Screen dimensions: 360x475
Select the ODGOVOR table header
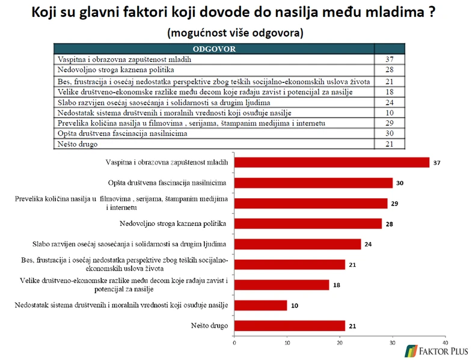tap(213, 49)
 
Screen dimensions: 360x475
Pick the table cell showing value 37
tap(389, 59)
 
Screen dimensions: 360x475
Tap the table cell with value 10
tap(389, 113)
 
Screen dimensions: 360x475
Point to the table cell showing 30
tap(389, 134)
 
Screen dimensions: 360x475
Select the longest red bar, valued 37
tap(331, 162)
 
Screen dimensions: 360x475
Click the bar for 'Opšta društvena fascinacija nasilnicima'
tap(313, 183)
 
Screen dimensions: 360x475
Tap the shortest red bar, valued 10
tap(260, 305)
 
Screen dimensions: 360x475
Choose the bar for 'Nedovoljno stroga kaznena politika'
tap(308, 224)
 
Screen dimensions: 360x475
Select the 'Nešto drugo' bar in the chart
tap(289, 326)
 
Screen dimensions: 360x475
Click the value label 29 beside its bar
tap(395, 204)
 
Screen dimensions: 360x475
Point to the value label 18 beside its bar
tap(337, 285)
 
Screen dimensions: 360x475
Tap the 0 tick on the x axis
tap(234, 343)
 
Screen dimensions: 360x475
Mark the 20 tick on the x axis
tap(339, 343)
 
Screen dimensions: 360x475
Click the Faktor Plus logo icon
tap(412, 350)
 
